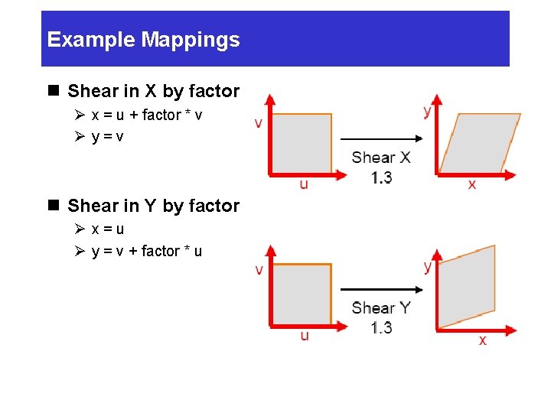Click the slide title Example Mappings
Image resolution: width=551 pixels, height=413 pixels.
tap(143, 40)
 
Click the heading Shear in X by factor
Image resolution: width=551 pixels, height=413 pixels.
tap(153, 91)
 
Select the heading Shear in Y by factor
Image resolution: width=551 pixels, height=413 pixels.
tap(153, 206)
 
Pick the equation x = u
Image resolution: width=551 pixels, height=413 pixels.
tap(108, 229)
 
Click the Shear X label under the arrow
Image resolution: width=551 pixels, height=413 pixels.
tap(381, 158)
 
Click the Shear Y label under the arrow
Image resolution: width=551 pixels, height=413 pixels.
tap(381, 308)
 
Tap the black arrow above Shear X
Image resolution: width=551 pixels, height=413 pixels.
tap(381, 139)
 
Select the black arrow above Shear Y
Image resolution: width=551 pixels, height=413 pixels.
tap(381, 290)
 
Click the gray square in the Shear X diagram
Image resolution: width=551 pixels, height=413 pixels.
tap(302, 143)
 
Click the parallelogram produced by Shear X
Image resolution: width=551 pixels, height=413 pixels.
tap(479, 143)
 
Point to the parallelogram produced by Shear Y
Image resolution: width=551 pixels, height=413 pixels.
tap(466, 287)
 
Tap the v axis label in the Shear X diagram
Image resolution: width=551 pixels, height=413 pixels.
tap(259, 122)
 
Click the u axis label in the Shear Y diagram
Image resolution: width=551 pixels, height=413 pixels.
tap(305, 336)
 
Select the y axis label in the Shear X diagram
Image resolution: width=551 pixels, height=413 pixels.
tap(426, 111)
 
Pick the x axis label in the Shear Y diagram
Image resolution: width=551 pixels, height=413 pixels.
tap(482, 340)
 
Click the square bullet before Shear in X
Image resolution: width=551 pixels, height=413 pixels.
tap(53, 91)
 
